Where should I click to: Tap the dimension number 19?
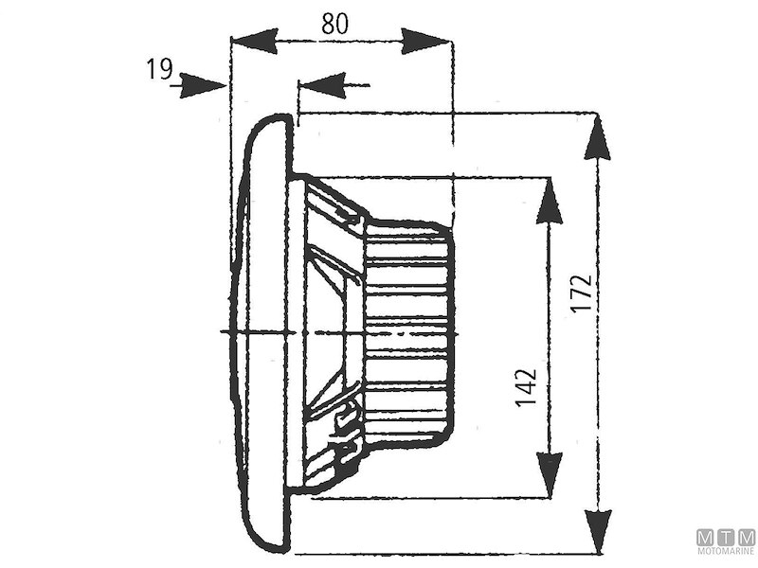coord(159,68)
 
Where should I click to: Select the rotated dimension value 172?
coord(582,294)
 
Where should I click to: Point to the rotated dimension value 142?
coord(528,388)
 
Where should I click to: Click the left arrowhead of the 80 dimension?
coord(255,41)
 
